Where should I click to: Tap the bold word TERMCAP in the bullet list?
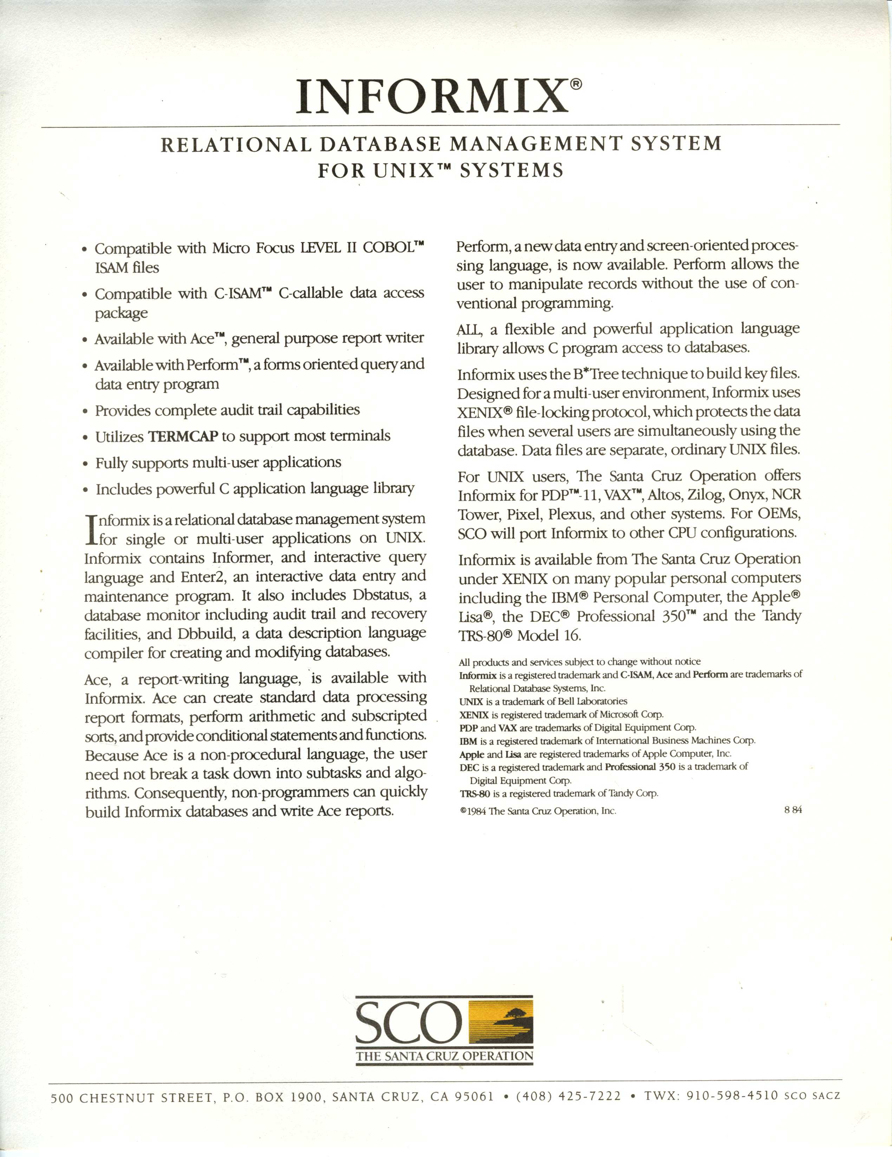pos(183,437)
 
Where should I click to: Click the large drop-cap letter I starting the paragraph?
pos(91,529)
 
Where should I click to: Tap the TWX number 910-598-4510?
pos(732,1095)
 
